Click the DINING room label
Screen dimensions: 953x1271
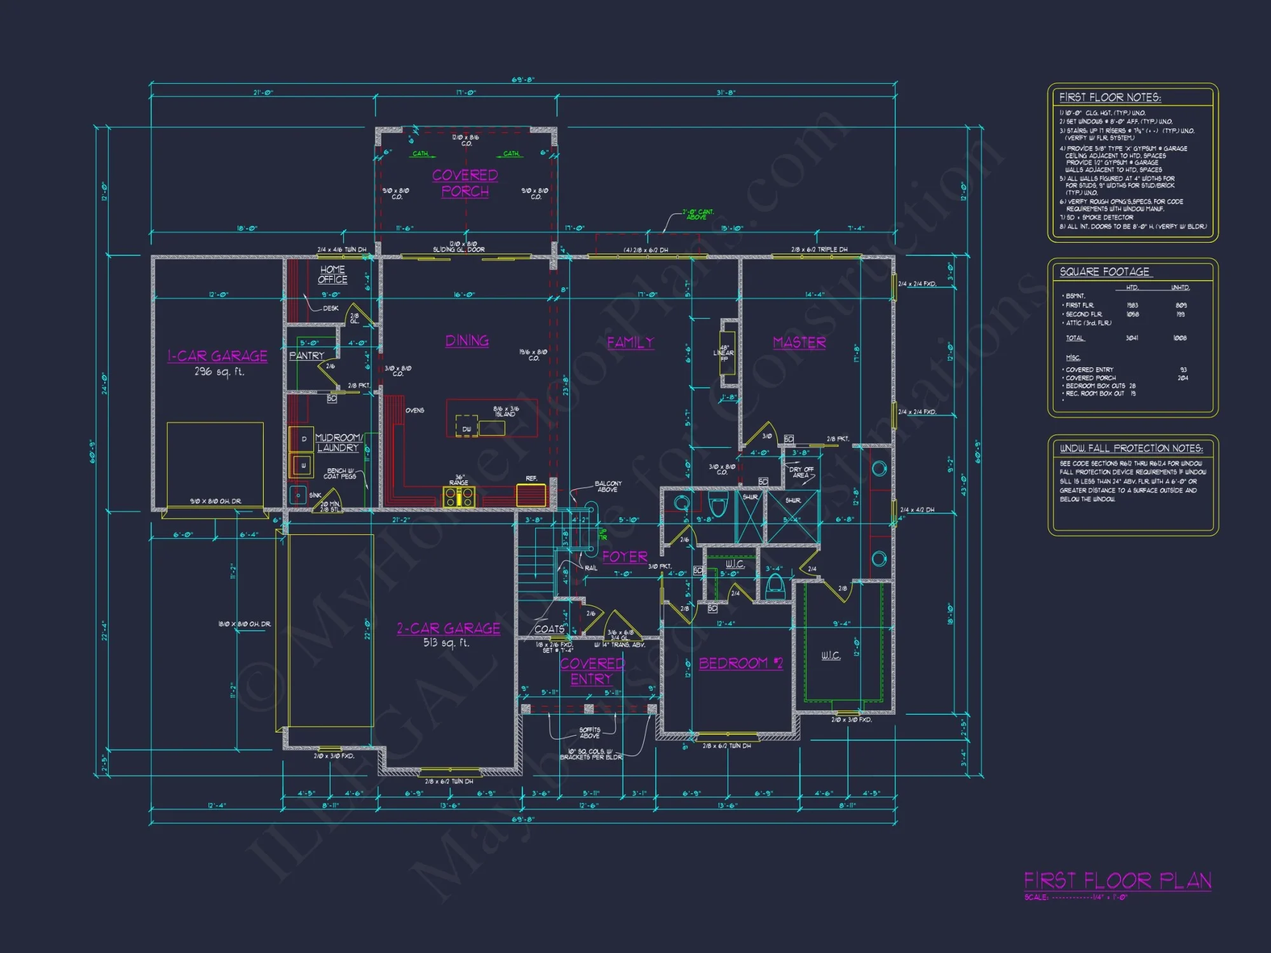coord(467,341)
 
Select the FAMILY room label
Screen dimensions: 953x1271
coord(630,343)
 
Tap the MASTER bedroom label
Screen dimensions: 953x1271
coord(799,343)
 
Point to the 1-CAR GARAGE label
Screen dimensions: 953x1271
coord(217,356)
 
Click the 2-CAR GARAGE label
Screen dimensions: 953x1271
coord(449,629)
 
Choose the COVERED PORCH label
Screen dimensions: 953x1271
coord(465,183)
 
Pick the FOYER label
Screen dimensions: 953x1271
coord(625,557)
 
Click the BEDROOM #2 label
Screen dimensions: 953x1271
coord(741,664)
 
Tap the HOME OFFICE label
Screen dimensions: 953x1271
coord(332,274)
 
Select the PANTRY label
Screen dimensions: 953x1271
coord(307,356)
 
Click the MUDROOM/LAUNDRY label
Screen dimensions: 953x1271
coord(339,443)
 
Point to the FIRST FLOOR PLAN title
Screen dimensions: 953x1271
coord(1117,881)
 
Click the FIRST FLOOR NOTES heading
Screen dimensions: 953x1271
coord(1110,97)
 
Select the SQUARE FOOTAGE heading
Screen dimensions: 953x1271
coord(1104,272)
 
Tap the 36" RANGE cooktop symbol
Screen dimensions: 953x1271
coord(459,497)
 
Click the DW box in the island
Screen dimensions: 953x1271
coord(466,429)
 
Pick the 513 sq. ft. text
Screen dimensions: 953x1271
coord(446,643)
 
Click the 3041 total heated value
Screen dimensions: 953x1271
coord(1132,338)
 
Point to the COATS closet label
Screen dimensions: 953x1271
coord(549,629)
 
